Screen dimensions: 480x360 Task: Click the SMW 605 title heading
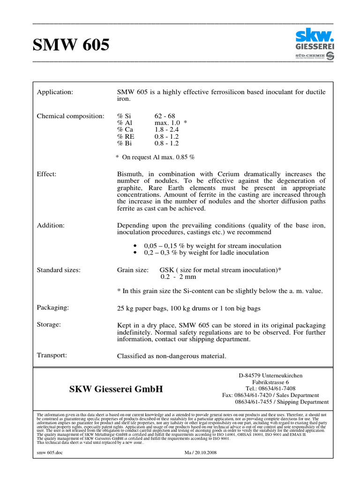[x=71, y=45]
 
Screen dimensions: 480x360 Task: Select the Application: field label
[x=55, y=92]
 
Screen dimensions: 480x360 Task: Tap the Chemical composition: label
[x=70, y=116]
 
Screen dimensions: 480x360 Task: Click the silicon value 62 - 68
[x=164, y=116]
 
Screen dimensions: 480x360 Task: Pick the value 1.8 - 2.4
[x=166, y=130]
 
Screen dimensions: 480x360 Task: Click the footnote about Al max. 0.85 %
[x=155, y=157]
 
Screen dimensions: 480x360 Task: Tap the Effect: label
[x=47, y=174]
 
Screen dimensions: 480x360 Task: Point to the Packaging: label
[x=53, y=307]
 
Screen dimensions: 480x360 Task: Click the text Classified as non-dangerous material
[x=172, y=356]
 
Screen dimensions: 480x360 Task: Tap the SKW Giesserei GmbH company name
[x=116, y=389]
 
